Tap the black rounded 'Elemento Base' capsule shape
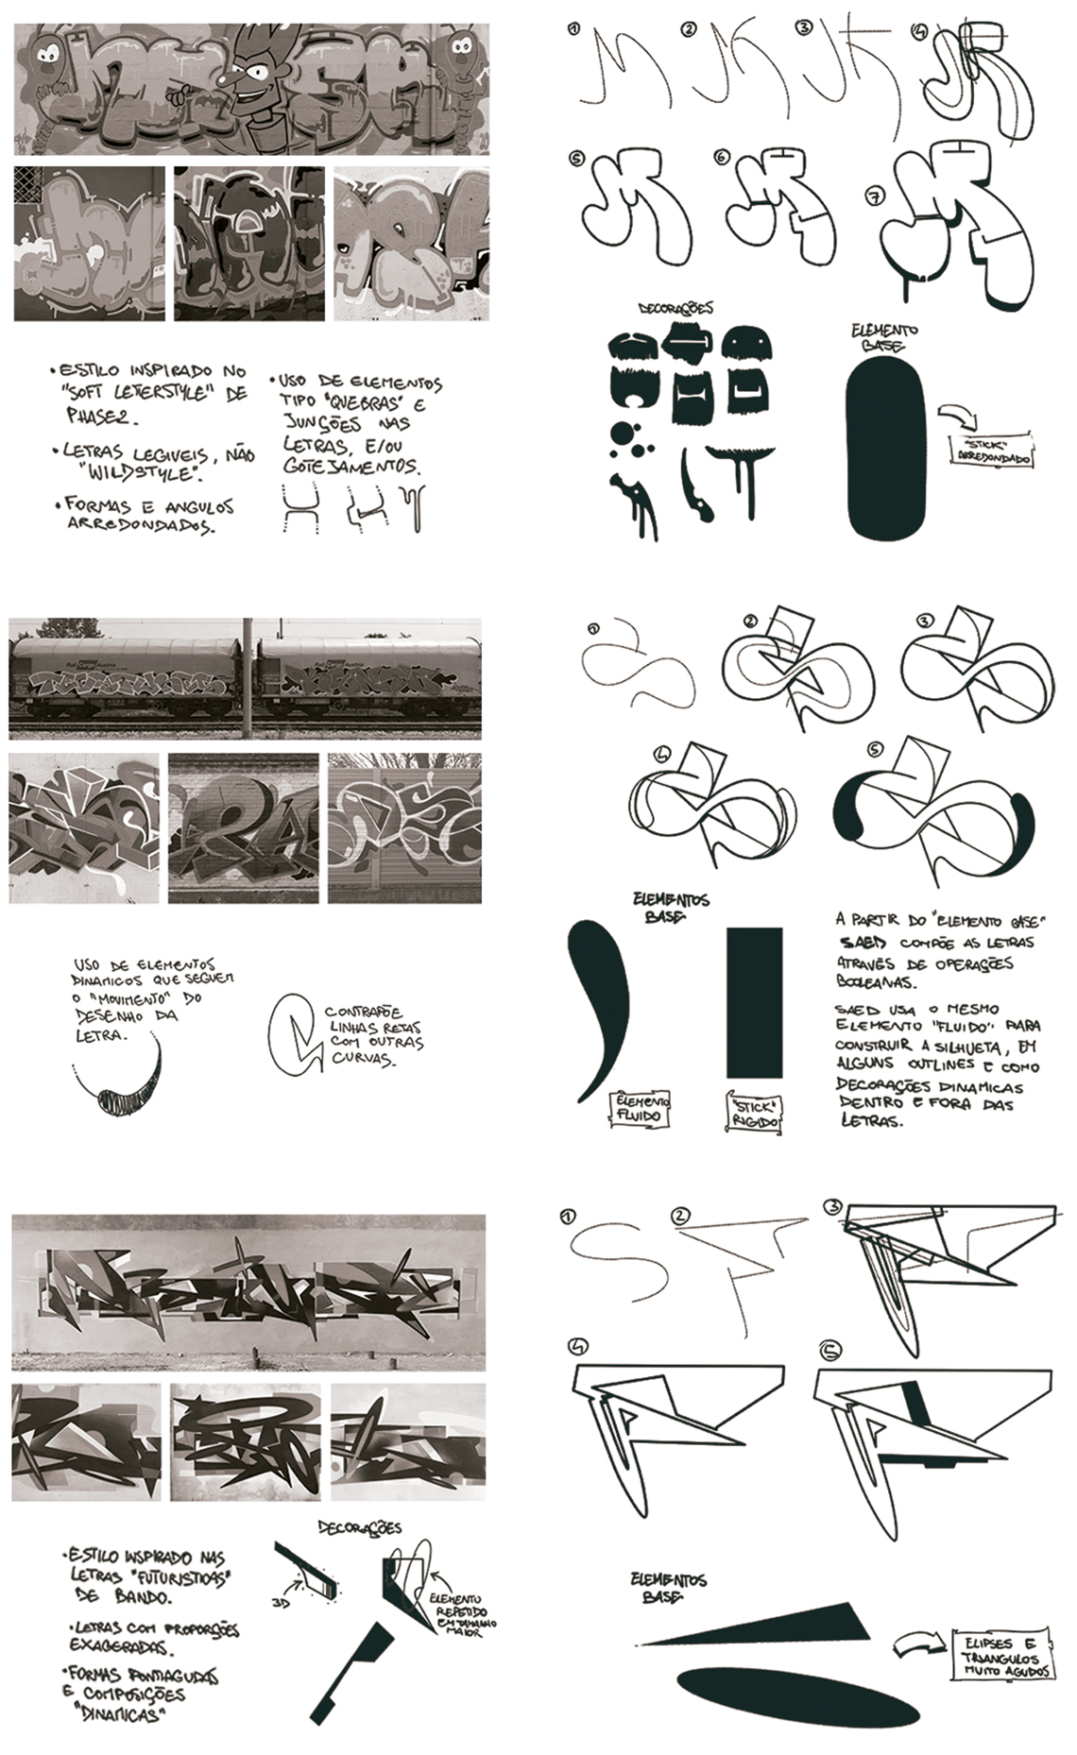pyautogui.click(x=884, y=450)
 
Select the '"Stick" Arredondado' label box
pyautogui.click(x=990, y=451)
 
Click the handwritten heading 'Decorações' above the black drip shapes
pyautogui.click(x=675, y=308)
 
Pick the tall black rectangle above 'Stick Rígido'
pyautogui.click(x=754, y=1001)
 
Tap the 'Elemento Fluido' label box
pyautogui.click(x=642, y=1109)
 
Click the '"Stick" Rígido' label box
pyautogui.click(x=753, y=1112)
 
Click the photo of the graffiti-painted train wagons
pyautogui.click(x=245, y=678)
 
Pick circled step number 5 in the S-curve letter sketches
pyautogui.click(x=875, y=749)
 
